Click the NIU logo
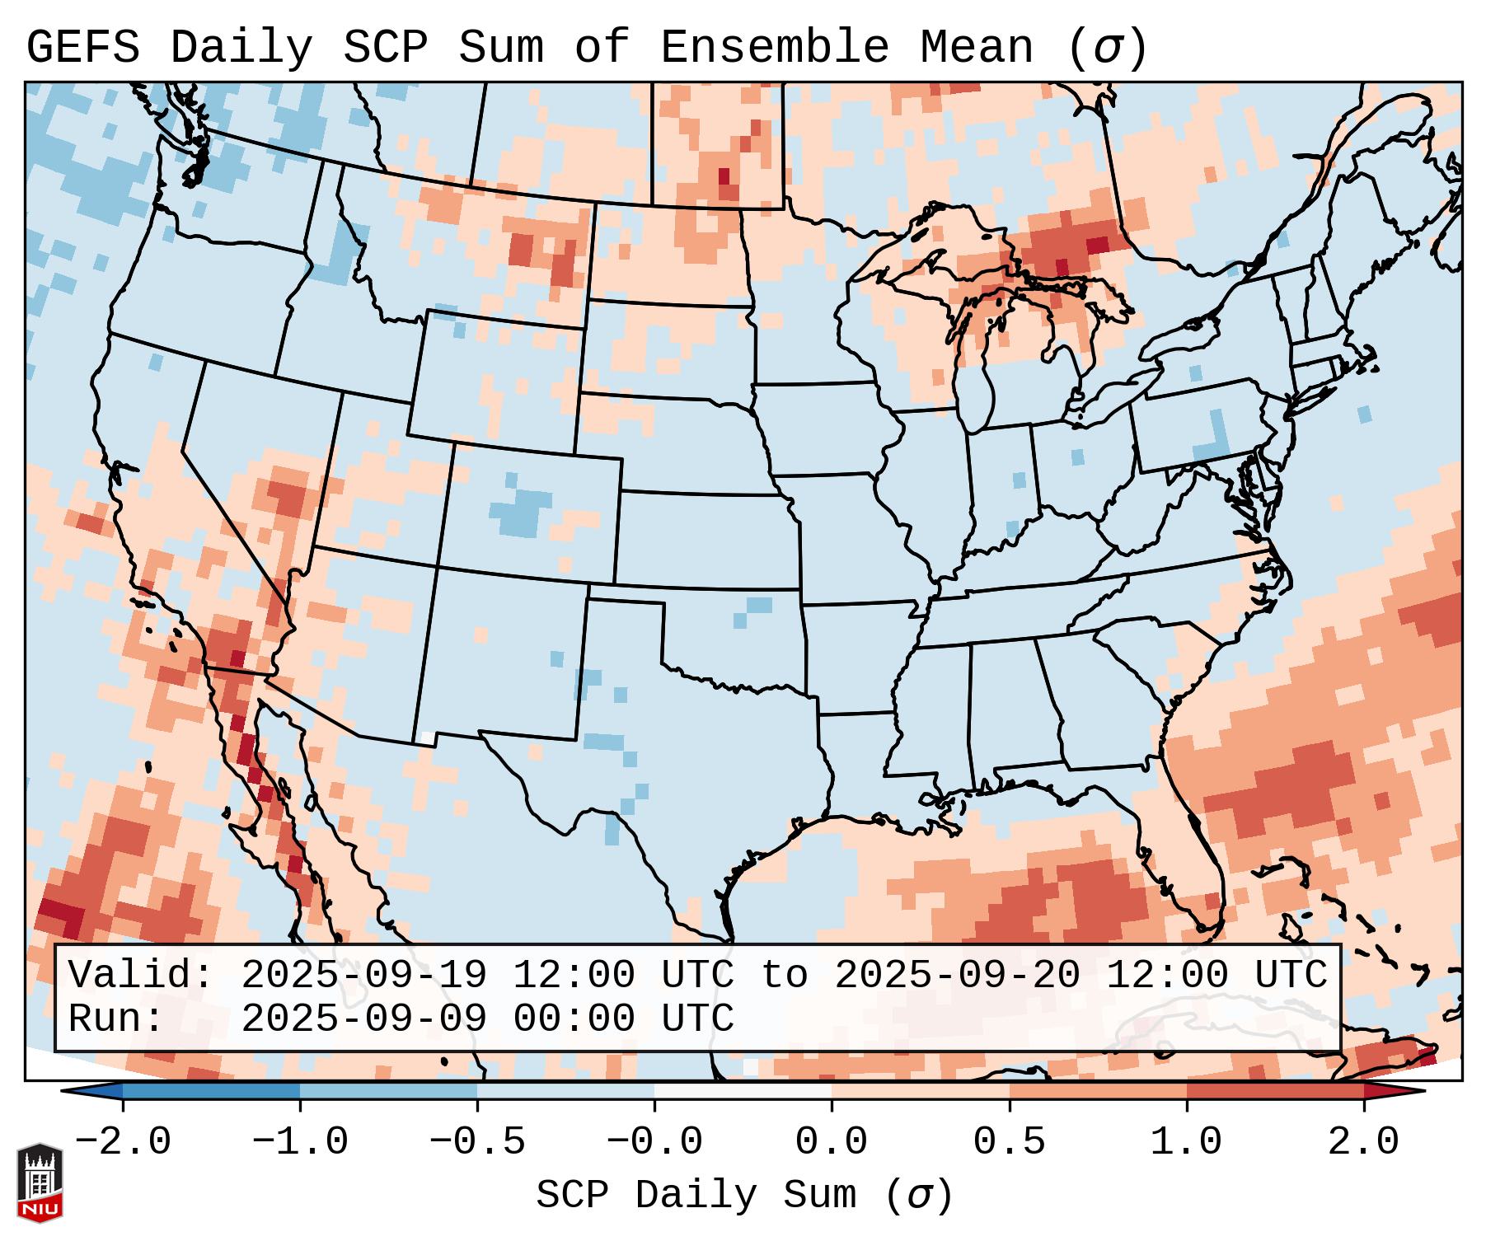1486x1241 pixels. (40, 1182)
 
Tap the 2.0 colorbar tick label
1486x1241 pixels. (1363, 1142)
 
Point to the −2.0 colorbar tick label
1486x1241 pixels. (123, 1142)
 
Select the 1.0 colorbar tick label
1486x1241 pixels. (1186, 1142)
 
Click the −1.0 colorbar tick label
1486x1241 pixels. (300, 1142)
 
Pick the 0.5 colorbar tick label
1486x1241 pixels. (1009, 1142)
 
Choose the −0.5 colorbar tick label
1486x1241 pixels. (477, 1142)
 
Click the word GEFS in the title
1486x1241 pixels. (82, 47)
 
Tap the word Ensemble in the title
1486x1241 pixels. (775, 47)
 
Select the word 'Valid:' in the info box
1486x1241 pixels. (141, 975)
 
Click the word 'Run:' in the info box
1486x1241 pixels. (116, 1019)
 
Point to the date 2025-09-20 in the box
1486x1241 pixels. (957, 975)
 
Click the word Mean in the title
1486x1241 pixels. (977, 47)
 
